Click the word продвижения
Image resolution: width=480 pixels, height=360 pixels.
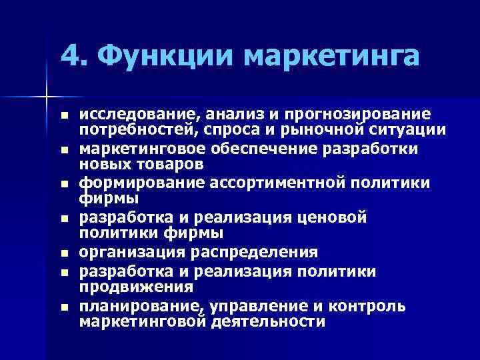pos(136,287)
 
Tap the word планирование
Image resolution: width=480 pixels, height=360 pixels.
pos(142,307)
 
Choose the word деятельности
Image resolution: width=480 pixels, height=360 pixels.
pos(271,321)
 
